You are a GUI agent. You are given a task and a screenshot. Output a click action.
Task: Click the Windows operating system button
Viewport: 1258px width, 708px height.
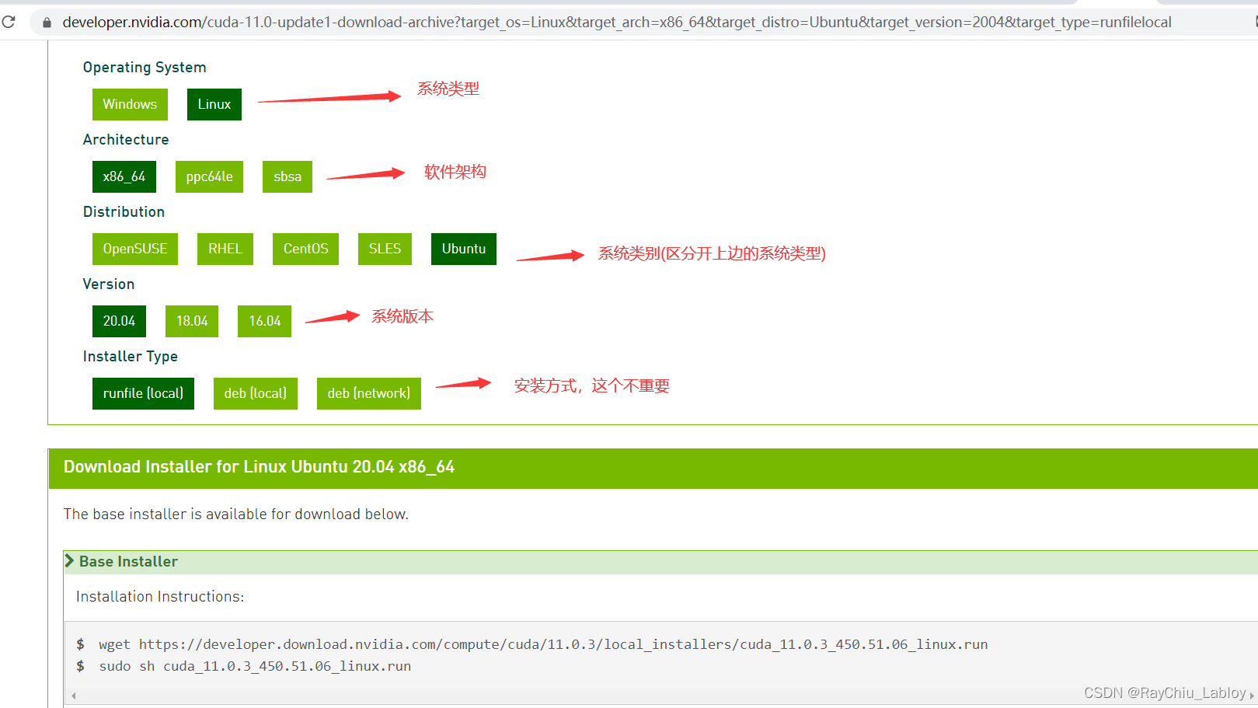[x=130, y=104]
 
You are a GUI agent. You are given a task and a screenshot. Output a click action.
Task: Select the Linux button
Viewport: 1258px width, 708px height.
[x=214, y=104]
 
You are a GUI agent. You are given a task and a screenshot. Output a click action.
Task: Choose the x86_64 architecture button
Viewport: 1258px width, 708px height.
[x=124, y=177]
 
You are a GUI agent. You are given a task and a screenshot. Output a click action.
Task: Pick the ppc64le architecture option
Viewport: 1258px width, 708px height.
[x=209, y=177]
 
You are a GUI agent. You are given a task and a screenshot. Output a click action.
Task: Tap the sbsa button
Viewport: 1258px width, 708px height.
[x=287, y=177]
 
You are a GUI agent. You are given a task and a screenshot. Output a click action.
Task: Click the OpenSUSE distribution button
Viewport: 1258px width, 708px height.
[x=134, y=249]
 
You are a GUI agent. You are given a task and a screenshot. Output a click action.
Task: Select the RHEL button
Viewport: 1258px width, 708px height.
[x=225, y=249]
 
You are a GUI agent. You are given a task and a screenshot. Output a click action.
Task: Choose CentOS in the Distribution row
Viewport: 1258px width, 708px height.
[x=305, y=249]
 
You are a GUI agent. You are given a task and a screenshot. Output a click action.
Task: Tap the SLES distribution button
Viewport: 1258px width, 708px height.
[x=385, y=249]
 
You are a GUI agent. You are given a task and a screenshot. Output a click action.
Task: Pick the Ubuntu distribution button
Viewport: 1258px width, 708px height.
[x=464, y=249]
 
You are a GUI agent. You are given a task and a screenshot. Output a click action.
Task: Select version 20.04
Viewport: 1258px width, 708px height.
[x=119, y=322]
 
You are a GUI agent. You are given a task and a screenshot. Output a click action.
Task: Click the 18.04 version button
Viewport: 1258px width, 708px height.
[x=191, y=322]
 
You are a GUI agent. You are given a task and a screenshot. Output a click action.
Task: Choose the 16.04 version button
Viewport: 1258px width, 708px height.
[x=264, y=322]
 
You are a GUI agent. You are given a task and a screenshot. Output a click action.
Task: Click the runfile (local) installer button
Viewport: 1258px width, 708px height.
[x=143, y=393]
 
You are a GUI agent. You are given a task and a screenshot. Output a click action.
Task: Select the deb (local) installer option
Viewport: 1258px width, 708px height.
[x=255, y=393]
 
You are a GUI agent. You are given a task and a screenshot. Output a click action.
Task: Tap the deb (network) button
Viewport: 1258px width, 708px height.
[x=368, y=393]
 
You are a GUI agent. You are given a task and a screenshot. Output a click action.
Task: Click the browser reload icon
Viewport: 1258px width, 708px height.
[x=9, y=22]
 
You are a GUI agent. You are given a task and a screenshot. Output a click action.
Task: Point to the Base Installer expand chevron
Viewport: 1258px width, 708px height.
[x=70, y=561]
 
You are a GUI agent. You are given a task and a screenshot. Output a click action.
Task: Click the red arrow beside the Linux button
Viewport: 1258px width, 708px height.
[x=329, y=99]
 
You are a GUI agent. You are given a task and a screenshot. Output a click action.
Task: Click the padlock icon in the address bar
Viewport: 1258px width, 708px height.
[x=47, y=23]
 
